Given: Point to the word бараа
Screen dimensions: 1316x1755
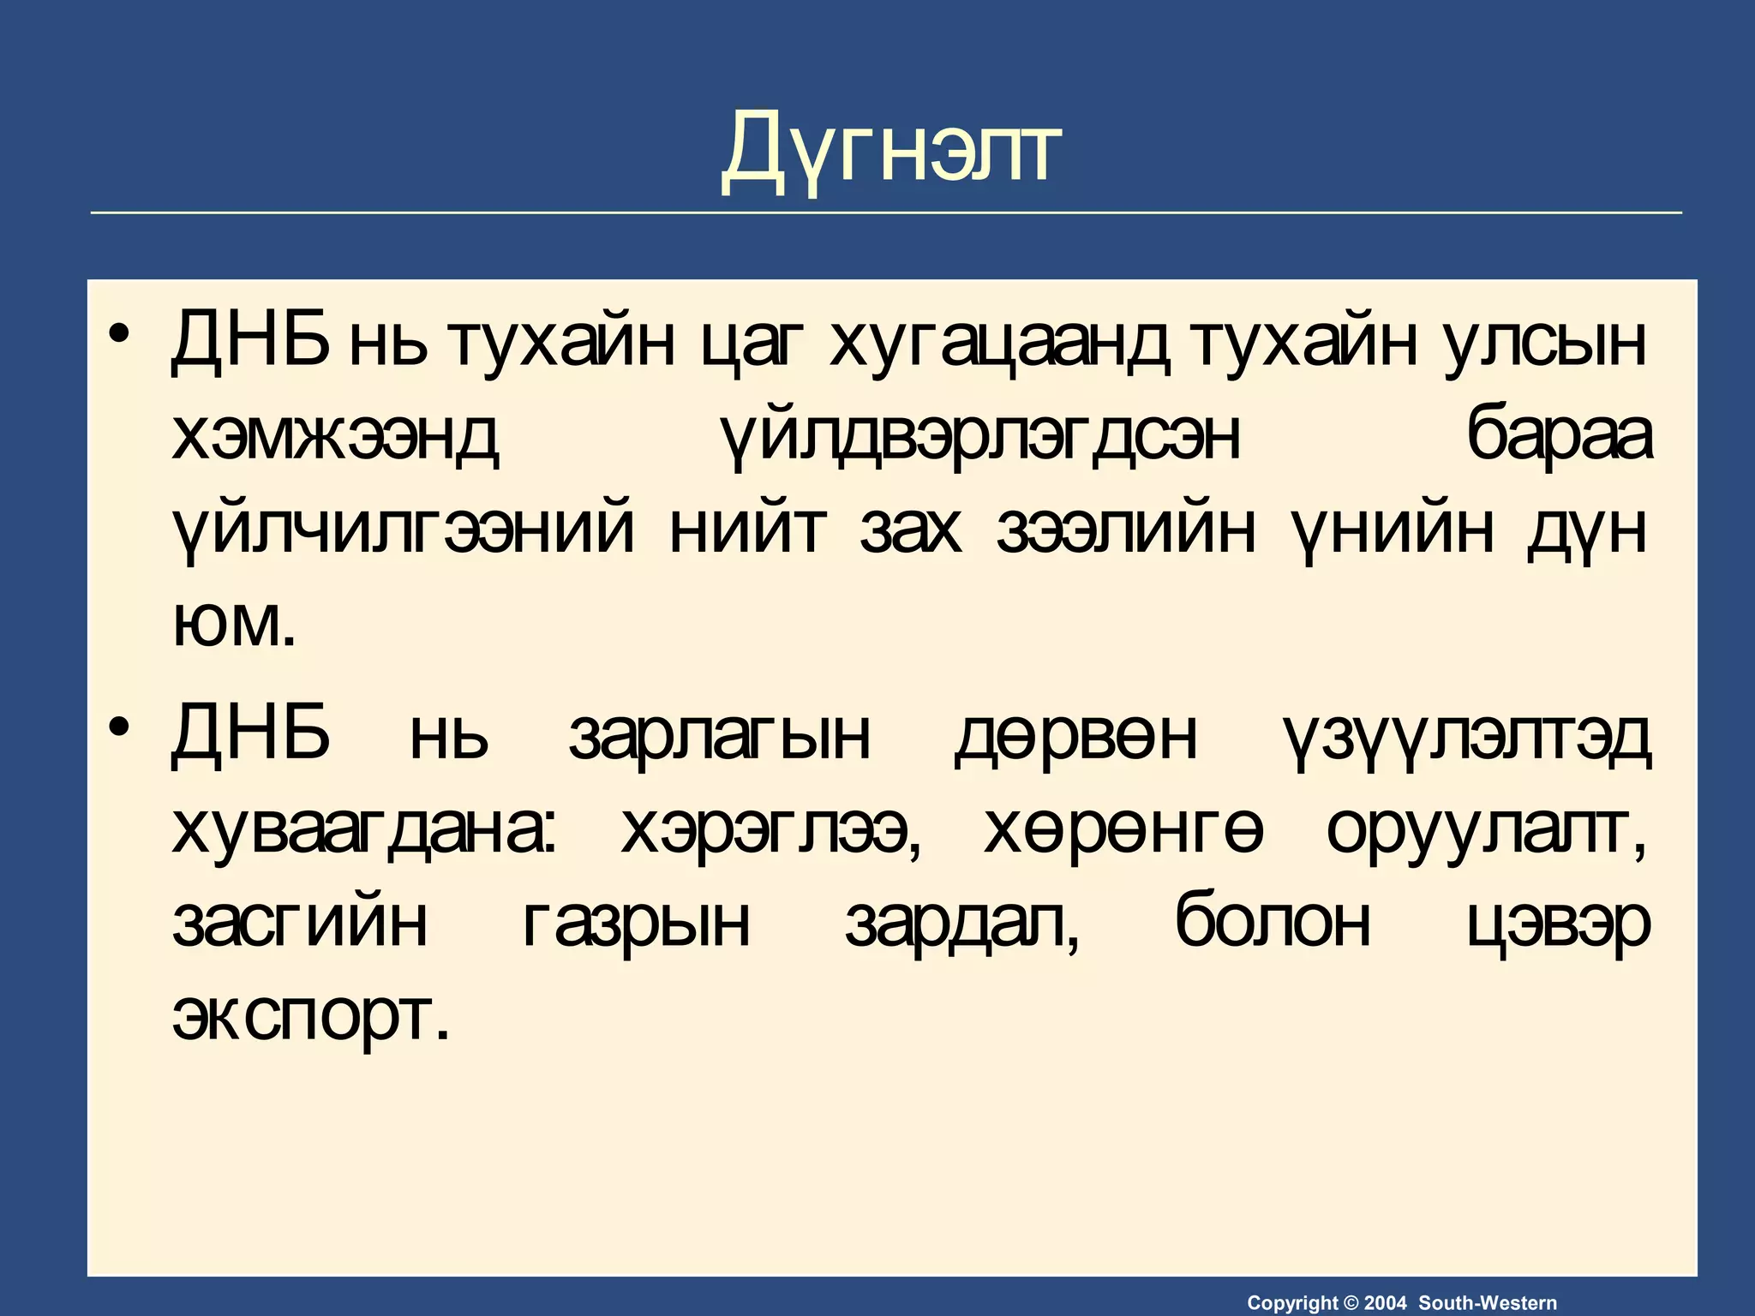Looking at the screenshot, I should (x=1560, y=437).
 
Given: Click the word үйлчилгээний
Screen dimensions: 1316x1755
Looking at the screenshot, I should (x=403, y=532).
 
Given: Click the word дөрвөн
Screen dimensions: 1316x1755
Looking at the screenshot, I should (x=1076, y=735).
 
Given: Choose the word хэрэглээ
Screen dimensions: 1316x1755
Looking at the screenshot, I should (x=766, y=831).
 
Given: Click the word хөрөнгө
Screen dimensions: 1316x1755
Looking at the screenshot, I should (x=1123, y=831).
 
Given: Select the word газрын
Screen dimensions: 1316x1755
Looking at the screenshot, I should (x=636, y=925).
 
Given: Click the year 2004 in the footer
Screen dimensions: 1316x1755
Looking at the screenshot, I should (x=1385, y=1303).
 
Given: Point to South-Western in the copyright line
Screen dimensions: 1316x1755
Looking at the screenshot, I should (x=1488, y=1303).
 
